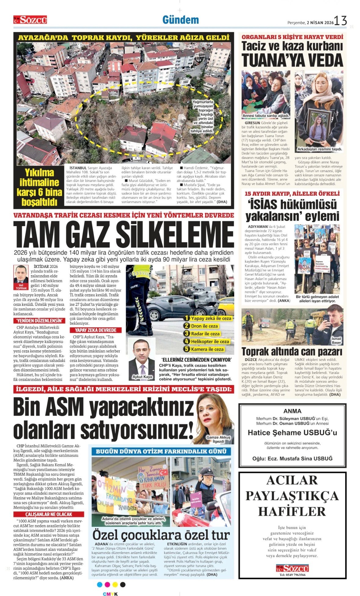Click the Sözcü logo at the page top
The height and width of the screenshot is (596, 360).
30,20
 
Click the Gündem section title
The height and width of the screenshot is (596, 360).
180,20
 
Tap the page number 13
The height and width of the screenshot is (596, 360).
340,21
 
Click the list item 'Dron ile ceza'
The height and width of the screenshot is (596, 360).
204,326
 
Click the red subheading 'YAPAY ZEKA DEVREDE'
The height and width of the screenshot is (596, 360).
96,330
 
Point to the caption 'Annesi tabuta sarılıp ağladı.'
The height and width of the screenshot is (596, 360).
266,116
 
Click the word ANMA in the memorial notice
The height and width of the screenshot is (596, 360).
292,411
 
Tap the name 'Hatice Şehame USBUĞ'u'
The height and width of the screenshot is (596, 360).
292,432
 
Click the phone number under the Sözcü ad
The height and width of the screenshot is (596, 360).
292,575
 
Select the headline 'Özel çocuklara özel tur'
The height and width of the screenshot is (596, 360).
161,535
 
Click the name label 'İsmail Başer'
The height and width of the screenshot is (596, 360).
336,341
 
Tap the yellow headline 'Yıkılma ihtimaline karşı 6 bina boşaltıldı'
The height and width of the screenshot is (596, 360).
39,187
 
